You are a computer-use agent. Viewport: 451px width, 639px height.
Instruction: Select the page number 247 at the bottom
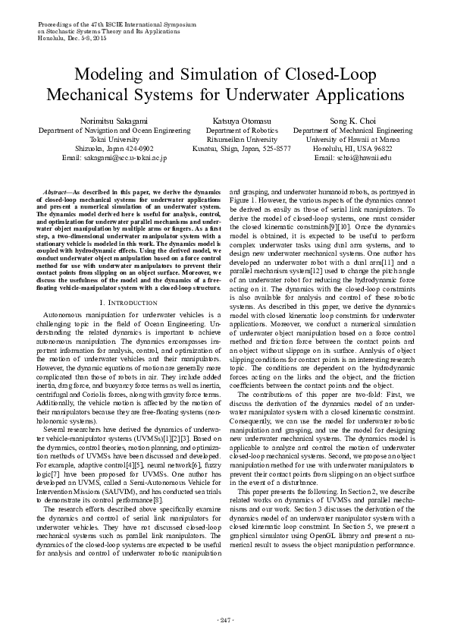pyautogui.click(x=225, y=621)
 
